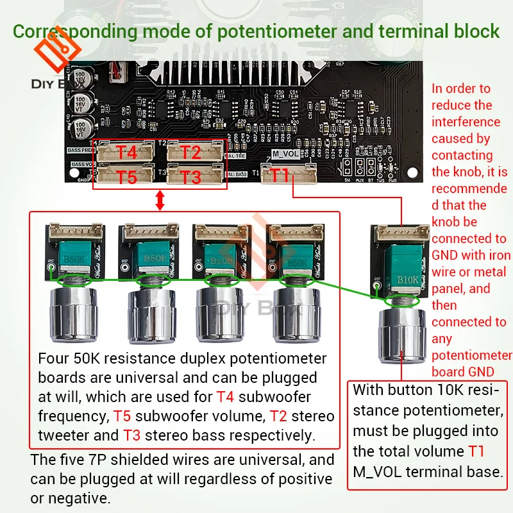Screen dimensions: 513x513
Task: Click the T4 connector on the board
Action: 126,153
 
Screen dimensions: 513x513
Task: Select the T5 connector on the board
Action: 126,177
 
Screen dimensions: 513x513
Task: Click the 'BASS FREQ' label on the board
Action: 81,150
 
